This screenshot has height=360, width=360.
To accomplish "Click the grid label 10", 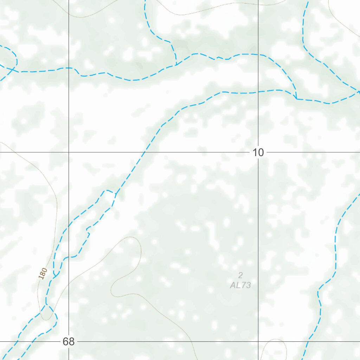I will click(x=258, y=153).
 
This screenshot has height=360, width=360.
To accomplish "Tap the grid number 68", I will click(x=69, y=341).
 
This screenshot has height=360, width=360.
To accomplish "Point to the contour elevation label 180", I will click(x=43, y=274).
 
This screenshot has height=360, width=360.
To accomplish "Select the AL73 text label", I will click(x=240, y=285).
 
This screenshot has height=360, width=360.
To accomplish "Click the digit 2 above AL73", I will click(x=240, y=275).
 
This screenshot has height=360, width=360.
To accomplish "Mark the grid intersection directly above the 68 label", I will click(x=69, y=152).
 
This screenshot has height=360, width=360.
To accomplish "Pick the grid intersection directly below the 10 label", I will click(x=258, y=341).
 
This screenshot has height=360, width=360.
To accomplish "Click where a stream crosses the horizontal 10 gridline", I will click(x=144, y=152).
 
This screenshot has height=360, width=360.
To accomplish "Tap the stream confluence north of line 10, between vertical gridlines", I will click(x=176, y=65).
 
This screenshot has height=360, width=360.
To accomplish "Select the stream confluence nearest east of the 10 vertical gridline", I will click(x=296, y=99).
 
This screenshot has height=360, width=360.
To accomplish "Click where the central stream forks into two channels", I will click(x=116, y=193).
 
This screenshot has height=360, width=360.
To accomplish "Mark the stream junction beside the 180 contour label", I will click(x=54, y=276).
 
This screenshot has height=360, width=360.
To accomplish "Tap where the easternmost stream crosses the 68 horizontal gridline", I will click(x=309, y=341).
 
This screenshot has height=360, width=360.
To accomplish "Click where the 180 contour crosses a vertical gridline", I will click(x=69, y=282).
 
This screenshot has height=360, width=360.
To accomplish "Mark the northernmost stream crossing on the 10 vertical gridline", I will click(x=258, y=55).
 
